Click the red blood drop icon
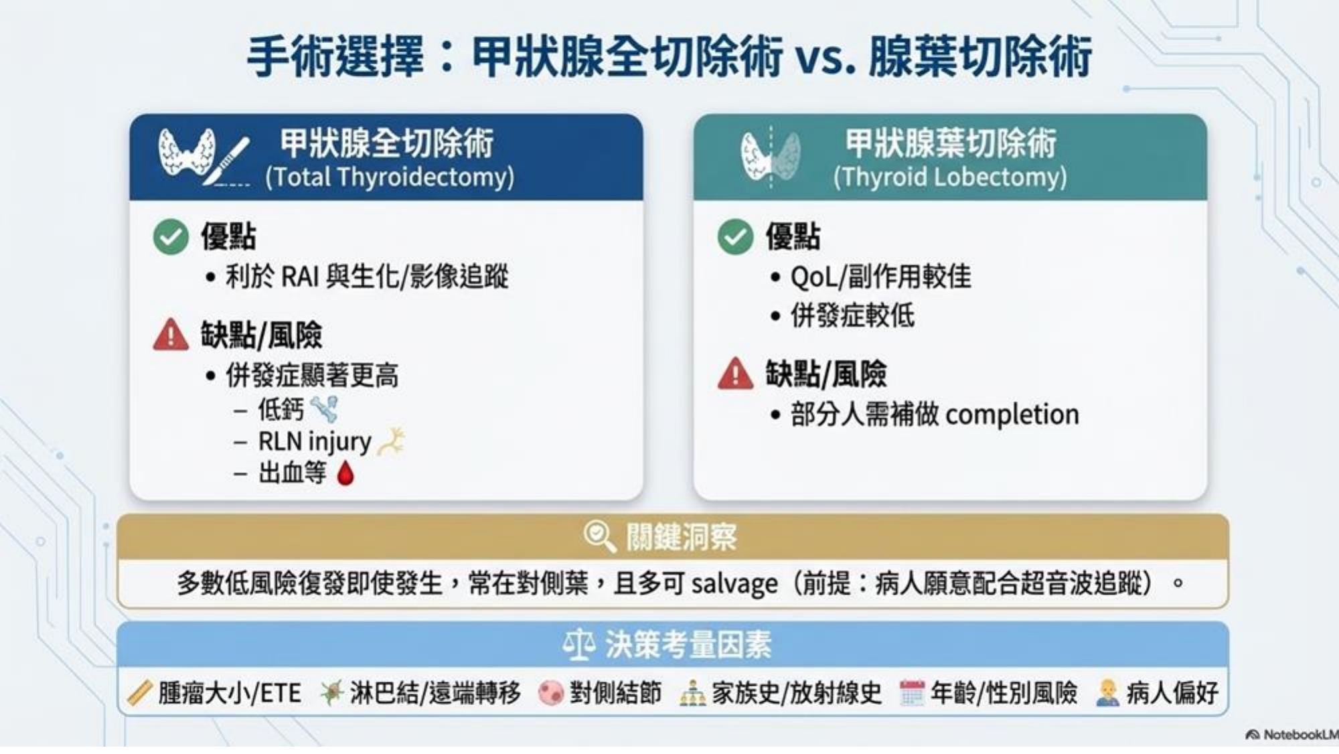click(x=345, y=473)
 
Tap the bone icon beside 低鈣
click(x=325, y=409)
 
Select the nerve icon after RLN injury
click(x=392, y=442)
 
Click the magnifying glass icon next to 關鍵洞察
click(x=599, y=536)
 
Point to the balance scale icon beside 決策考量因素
click(x=579, y=644)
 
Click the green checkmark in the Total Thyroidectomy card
click(x=171, y=236)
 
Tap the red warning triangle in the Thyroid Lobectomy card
click(x=735, y=374)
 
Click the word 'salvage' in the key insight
click(x=734, y=584)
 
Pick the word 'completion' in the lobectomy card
click(x=1012, y=415)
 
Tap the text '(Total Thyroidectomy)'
click(x=390, y=177)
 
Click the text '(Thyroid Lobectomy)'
click(x=950, y=177)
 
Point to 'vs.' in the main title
click(x=826, y=58)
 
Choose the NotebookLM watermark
click(x=1291, y=735)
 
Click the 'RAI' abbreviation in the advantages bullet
click(x=299, y=277)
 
